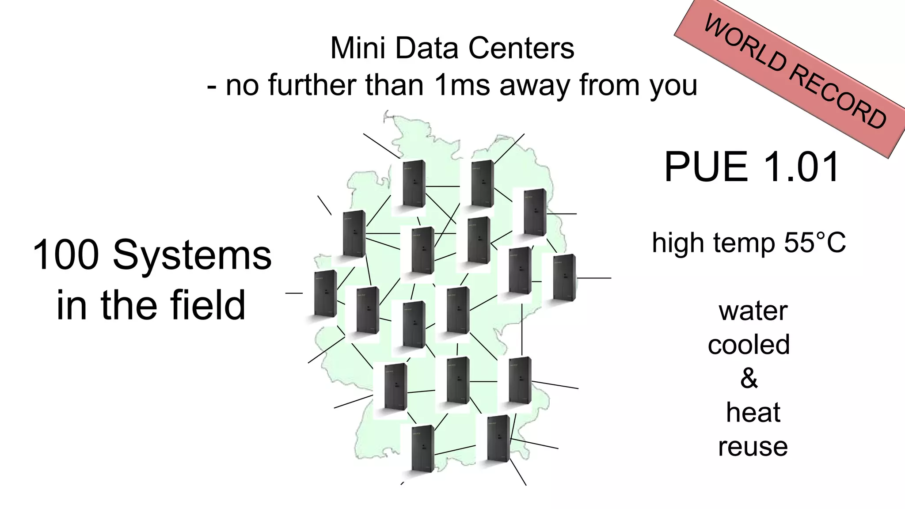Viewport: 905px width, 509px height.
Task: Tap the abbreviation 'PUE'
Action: [705, 167]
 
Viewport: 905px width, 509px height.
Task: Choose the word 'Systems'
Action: [192, 255]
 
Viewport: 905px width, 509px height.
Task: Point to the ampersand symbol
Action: [749, 378]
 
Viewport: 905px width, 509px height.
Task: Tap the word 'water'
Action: [753, 311]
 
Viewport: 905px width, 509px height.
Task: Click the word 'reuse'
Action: [753, 447]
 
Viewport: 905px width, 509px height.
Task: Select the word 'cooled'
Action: [749, 345]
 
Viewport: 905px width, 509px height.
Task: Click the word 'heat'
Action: [753, 412]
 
